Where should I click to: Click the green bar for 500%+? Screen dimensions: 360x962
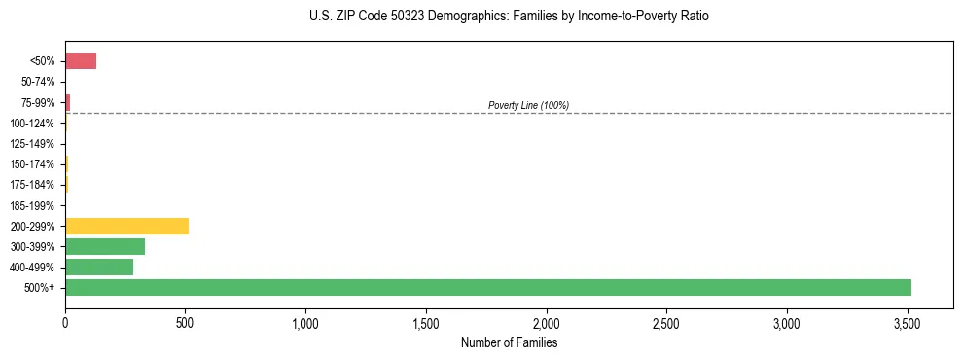tap(487, 287)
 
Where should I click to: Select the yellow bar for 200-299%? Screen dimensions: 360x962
tap(126, 226)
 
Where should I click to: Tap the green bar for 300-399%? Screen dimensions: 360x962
tap(105, 246)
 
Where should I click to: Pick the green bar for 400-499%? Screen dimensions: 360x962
tap(99, 267)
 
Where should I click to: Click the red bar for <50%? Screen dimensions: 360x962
tap(81, 61)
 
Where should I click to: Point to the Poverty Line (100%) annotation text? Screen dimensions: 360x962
tap(528, 105)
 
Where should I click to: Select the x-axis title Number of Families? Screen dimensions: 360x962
tap(509, 342)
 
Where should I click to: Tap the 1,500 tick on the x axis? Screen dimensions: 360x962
tap(426, 322)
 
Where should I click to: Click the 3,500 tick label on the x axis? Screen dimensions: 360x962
tap(907, 322)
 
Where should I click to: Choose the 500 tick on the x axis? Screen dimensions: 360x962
tap(186, 322)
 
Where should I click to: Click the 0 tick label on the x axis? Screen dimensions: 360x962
tap(65, 322)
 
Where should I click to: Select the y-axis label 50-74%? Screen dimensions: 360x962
tap(39, 82)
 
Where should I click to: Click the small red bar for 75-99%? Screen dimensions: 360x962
tap(68, 102)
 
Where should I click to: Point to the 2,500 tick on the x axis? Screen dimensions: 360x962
tap(666, 322)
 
